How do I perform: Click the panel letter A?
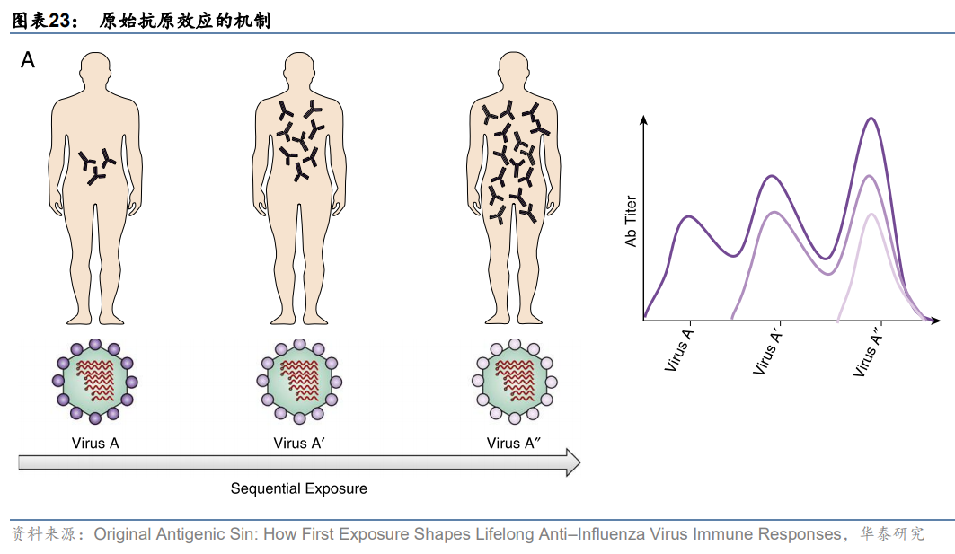pyautogui.click(x=29, y=61)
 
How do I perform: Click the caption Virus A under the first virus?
pyautogui.click(x=95, y=443)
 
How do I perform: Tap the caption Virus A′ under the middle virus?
pyautogui.click(x=299, y=443)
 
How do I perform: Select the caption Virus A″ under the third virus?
pyautogui.click(x=513, y=443)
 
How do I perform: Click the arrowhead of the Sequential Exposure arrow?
pyautogui.click(x=571, y=462)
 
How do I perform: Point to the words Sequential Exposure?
pyautogui.click(x=299, y=489)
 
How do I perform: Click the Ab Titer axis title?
pyautogui.click(x=631, y=220)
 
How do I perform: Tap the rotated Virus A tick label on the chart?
pyautogui.click(x=679, y=351)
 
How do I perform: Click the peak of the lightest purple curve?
pyautogui.click(x=870, y=214)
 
